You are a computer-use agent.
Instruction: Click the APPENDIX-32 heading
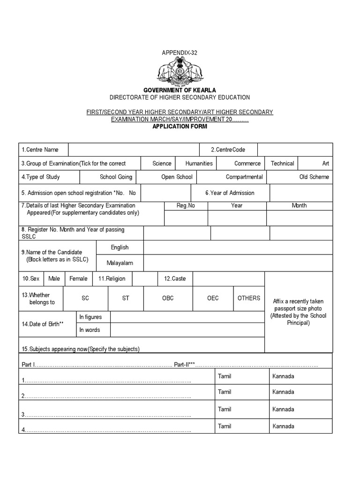click(180, 53)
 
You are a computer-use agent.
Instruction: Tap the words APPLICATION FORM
click(180, 127)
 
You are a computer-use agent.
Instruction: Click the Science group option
click(162, 164)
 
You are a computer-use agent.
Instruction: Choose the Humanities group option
click(199, 164)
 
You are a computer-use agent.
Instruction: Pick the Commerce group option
click(247, 164)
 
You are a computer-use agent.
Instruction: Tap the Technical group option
click(282, 164)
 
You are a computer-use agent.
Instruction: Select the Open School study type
click(177, 177)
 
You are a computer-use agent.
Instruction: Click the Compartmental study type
click(244, 177)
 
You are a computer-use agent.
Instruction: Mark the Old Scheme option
click(314, 177)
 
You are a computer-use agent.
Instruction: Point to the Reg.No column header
click(186, 205)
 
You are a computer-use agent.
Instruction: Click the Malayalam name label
click(120, 263)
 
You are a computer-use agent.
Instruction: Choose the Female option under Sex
click(78, 278)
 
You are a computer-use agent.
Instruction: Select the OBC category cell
click(167, 298)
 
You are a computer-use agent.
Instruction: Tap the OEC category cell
click(213, 298)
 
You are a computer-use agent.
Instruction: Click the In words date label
click(90, 330)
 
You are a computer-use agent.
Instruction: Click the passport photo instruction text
click(298, 312)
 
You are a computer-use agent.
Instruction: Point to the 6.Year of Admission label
click(230, 193)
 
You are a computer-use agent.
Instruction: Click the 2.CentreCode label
click(227, 150)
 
